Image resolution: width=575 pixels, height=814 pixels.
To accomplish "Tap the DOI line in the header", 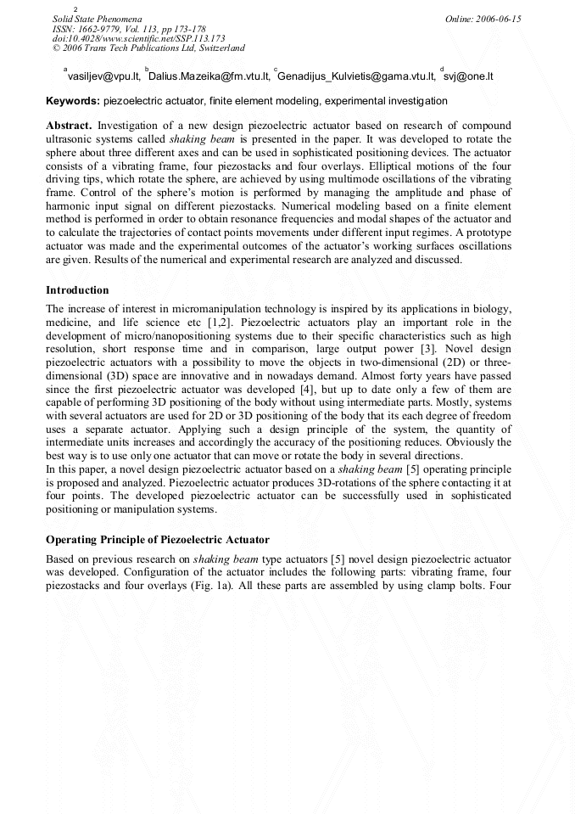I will tap(139, 38).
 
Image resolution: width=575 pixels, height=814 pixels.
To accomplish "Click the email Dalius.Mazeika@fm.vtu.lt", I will tap(209, 76).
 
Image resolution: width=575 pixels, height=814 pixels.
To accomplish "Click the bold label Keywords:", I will tap(73, 101).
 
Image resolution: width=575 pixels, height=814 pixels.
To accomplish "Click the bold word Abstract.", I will tap(69, 126).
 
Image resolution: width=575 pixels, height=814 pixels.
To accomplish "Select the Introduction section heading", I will tap(77, 290).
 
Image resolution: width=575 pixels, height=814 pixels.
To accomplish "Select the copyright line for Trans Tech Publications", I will tap(148, 48).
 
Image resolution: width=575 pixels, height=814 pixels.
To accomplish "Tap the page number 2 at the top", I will tap(76, 8).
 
